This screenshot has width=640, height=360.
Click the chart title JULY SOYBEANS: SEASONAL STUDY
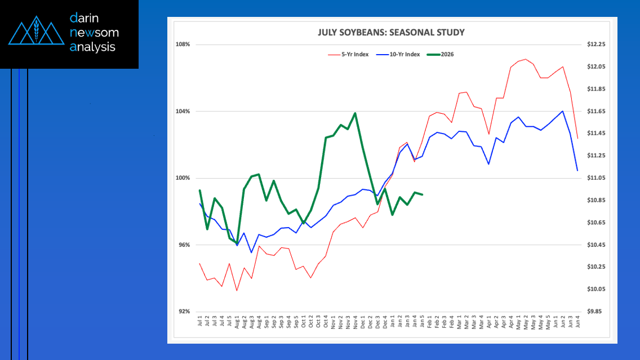tap(391, 32)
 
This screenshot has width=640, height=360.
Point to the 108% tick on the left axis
tap(183, 45)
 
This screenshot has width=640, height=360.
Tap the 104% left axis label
tap(183, 112)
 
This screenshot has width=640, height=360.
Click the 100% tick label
tap(183, 178)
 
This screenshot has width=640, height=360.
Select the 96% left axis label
tap(184, 245)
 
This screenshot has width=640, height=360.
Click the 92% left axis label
tap(184, 312)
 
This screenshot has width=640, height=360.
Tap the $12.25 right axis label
tap(595, 45)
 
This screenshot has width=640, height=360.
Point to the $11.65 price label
tap(595, 112)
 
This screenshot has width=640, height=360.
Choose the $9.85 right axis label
tap(596, 312)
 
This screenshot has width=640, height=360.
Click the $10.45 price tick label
tap(595, 245)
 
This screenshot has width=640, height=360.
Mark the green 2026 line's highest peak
tap(355, 113)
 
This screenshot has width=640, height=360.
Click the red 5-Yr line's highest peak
tap(526, 59)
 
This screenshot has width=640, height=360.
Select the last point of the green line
tap(422, 194)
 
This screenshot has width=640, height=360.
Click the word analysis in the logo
tap(92, 47)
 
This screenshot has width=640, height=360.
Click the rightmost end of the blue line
tap(577, 170)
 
